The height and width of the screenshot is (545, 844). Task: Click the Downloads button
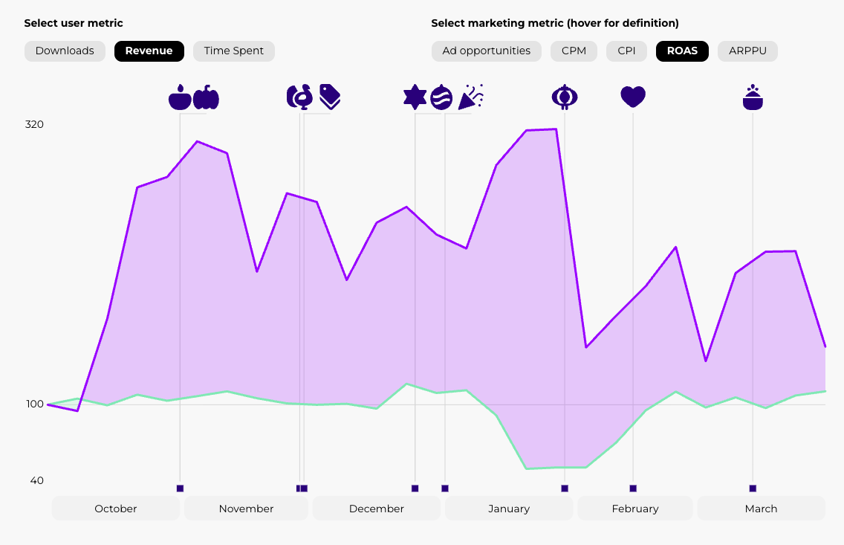(x=65, y=51)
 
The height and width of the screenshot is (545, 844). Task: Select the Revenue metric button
(x=149, y=51)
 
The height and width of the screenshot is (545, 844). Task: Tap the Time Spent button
(x=234, y=51)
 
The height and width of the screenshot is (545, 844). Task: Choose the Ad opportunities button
(x=487, y=51)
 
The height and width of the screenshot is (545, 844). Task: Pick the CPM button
(x=574, y=51)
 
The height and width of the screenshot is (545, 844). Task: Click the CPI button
(x=626, y=51)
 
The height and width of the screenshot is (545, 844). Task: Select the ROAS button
(x=682, y=51)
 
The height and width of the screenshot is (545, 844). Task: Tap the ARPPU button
(x=747, y=51)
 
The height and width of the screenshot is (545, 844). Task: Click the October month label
(x=115, y=509)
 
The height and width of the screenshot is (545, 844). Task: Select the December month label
(x=376, y=509)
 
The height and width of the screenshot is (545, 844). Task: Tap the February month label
(x=635, y=509)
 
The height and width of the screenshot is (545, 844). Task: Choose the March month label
(x=761, y=509)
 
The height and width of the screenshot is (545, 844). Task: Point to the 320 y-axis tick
(x=34, y=124)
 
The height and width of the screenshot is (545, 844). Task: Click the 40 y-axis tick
(x=36, y=480)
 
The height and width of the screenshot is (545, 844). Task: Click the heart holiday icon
(x=633, y=97)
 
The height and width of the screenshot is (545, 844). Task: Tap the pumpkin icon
(x=207, y=97)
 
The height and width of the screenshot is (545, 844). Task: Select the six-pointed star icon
(x=415, y=97)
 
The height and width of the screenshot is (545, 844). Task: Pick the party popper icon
(x=471, y=97)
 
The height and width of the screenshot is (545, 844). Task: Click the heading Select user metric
(x=74, y=24)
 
